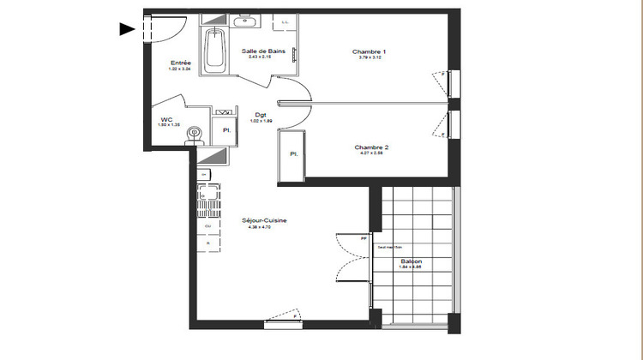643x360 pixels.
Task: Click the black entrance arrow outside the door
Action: (x=127, y=29)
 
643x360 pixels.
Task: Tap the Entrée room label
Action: (x=180, y=63)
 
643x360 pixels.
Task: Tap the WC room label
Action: (x=167, y=120)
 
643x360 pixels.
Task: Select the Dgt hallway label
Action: (x=260, y=115)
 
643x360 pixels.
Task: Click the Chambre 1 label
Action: (x=369, y=52)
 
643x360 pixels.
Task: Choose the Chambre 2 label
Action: (x=371, y=147)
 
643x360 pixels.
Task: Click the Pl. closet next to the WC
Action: (x=226, y=130)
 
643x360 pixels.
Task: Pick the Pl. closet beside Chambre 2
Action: (x=292, y=154)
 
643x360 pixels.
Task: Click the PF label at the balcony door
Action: (x=364, y=239)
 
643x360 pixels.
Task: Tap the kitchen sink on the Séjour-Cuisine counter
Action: (x=204, y=205)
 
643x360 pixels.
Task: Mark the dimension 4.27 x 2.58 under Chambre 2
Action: (x=371, y=154)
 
